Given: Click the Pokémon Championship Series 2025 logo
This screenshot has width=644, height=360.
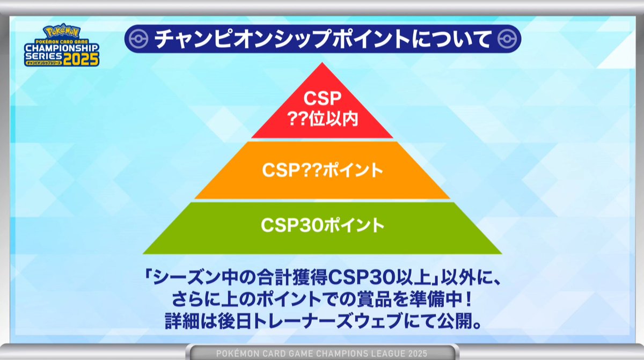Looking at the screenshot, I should click(x=61, y=45).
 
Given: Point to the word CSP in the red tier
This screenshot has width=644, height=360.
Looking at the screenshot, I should click(x=322, y=100).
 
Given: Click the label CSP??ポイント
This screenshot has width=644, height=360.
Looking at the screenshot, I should click(x=323, y=170).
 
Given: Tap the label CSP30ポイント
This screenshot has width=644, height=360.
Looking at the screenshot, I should click(x=323, y=225).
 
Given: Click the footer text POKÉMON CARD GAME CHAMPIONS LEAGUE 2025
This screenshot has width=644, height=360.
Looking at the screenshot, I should click(x=321, y=353).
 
